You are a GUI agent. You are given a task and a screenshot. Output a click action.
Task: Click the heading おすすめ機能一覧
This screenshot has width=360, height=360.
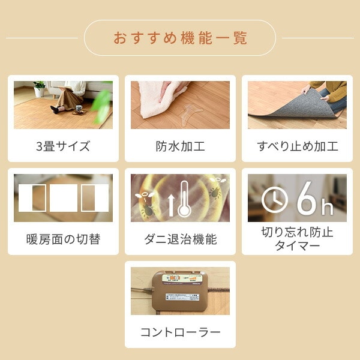(180, 38)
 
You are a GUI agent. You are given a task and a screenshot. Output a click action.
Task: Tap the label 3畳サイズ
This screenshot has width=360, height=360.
(63, 146)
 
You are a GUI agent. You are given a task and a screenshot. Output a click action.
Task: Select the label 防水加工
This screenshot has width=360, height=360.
(180, 146)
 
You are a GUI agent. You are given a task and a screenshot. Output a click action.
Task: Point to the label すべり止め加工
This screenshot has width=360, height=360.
(297, 146)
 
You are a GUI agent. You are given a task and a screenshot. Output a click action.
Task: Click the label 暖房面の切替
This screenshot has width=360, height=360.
(63, 239)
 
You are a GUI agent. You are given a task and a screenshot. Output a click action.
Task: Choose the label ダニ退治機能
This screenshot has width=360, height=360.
(180, 239)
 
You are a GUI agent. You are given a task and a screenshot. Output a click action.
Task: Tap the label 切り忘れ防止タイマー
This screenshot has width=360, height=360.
(297, 239)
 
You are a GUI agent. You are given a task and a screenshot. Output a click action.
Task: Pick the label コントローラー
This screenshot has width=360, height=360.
(180, 332)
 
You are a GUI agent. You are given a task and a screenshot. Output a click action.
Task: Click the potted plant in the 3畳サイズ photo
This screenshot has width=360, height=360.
(40, 89)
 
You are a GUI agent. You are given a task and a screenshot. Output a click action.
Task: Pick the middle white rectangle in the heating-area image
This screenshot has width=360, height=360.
(63, 198)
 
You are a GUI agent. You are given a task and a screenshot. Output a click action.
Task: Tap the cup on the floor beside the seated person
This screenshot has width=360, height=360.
(78, 109)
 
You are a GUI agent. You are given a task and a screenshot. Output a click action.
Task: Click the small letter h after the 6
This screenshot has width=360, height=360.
(327, 208)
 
